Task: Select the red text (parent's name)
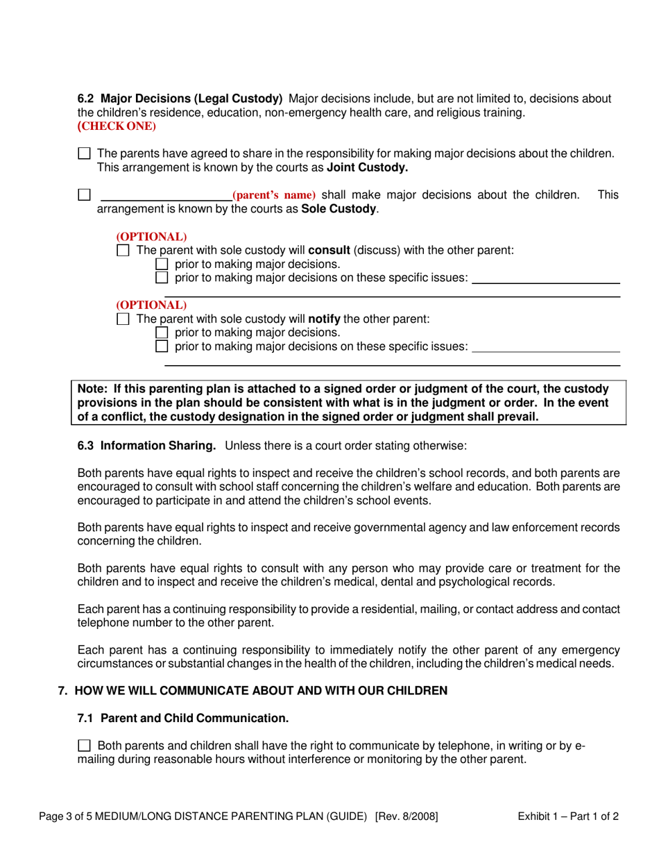pyautogui.click(x=274, y=195)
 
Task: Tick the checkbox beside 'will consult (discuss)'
pyautogui.click(x=123, y=250)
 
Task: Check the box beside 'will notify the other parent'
pyautogui.click(x=123, y=319)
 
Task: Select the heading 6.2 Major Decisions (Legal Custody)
pyautogui.click(x=180, y=99)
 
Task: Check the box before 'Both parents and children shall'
pyautogui.click(x=84, y=746)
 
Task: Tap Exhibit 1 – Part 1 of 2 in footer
pyautogui.click(x=568, y=817)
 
